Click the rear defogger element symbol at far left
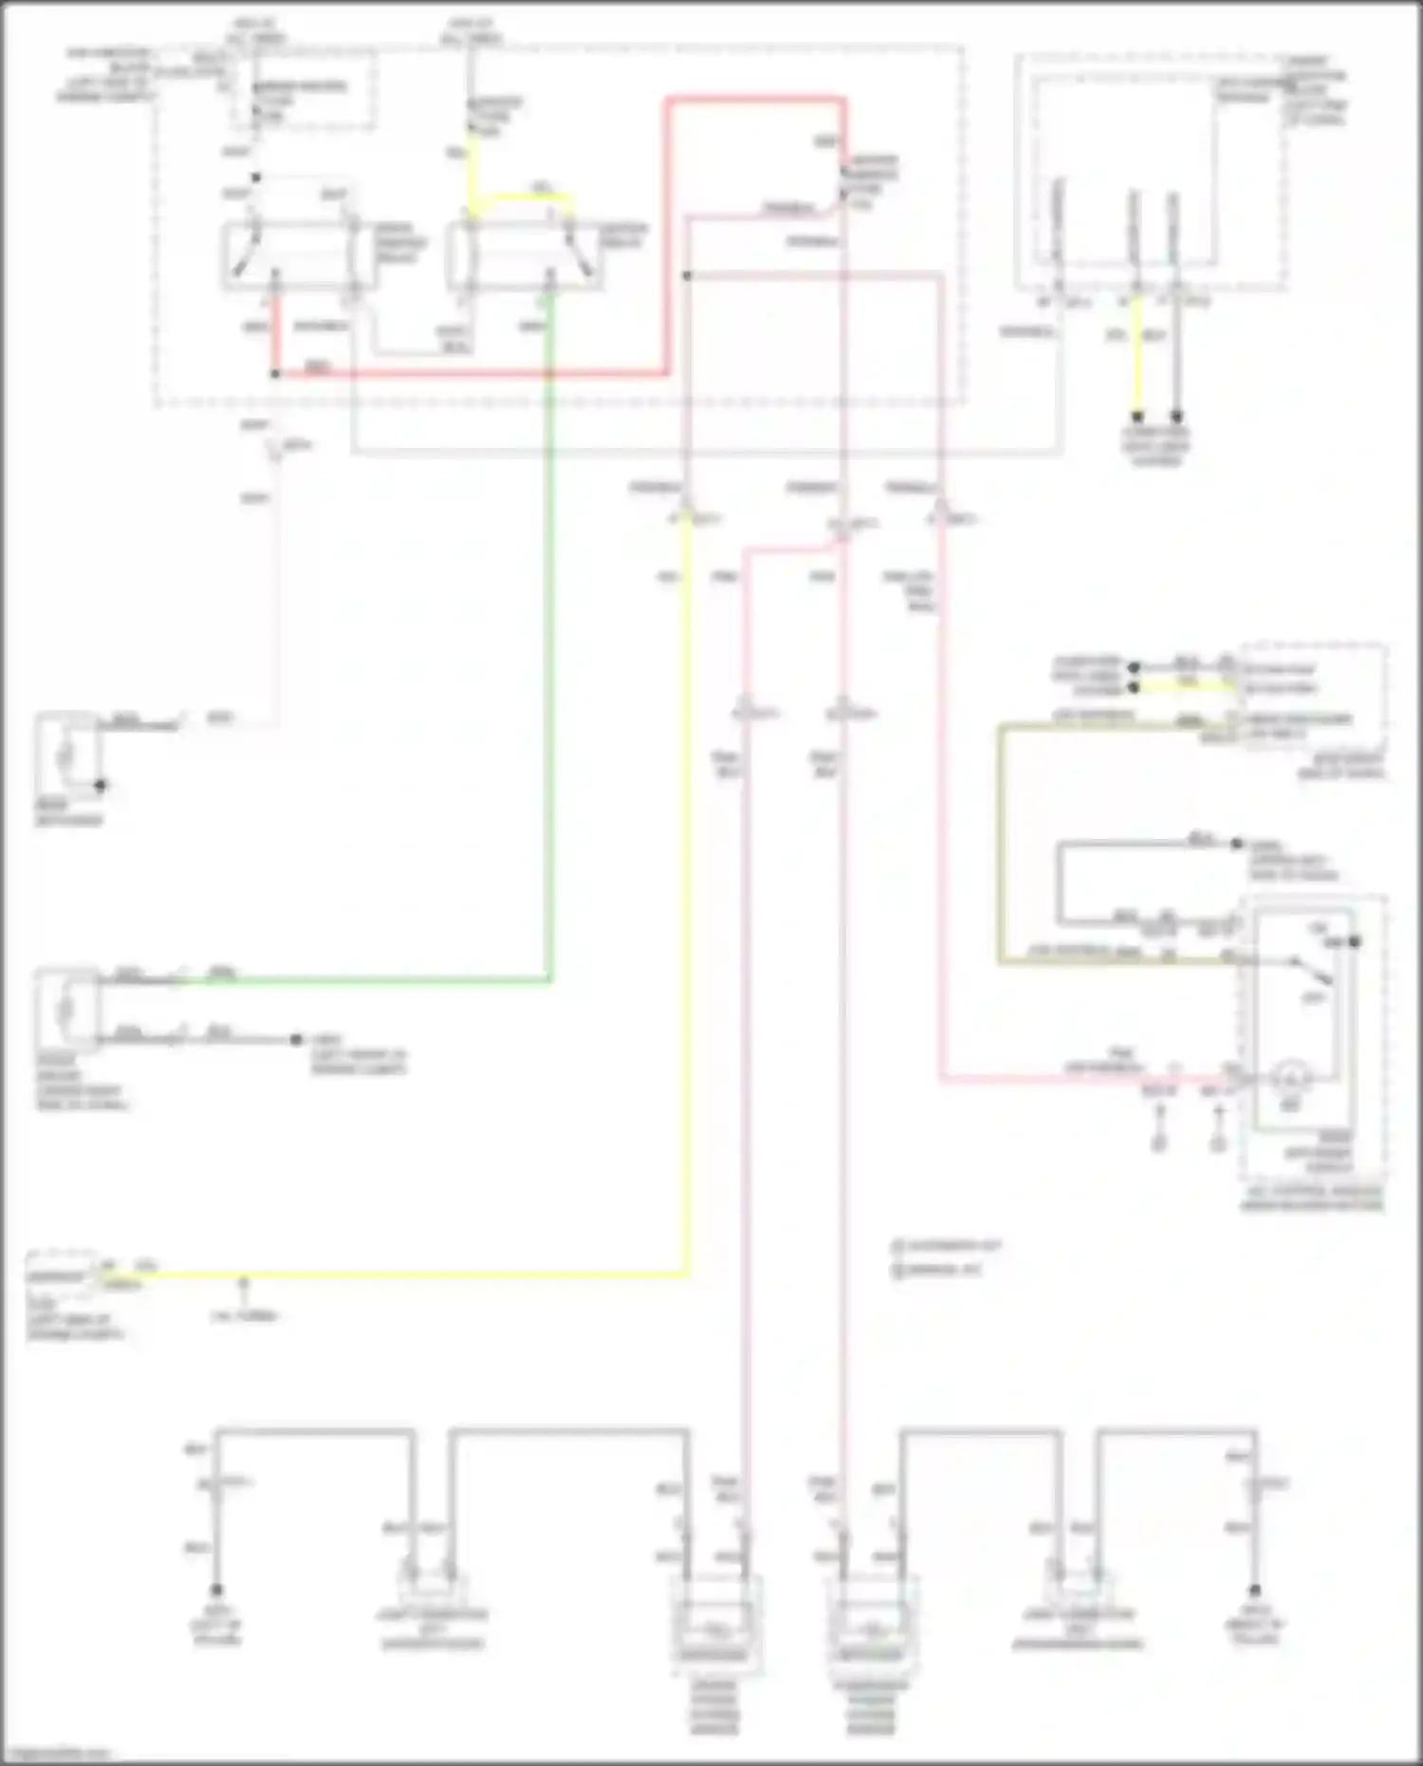(x=65, y=756)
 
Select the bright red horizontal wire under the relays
(x=474, y=374)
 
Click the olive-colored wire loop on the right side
(x=1000, y=845)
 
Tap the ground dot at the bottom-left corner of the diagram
(x=217, y=1589)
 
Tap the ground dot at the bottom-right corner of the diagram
(x=1255, y=1589)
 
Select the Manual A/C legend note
(x=939, y=1270)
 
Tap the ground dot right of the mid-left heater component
(x=296, y=1039)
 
